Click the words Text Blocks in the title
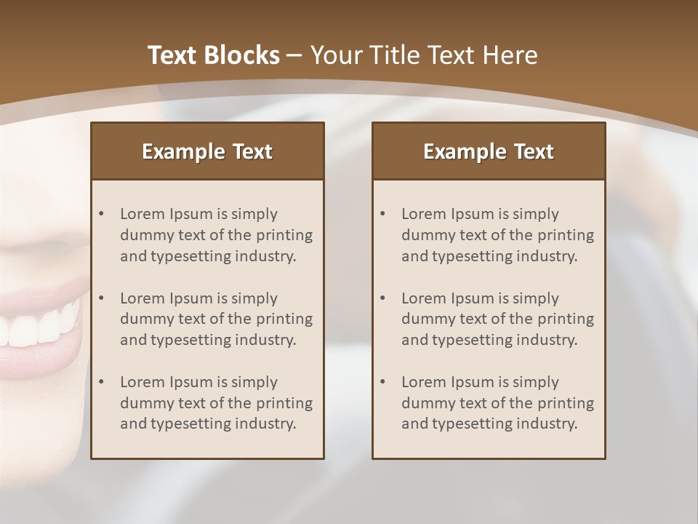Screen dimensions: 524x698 [x=213, y=55]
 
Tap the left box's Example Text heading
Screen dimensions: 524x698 [x=207, y=151]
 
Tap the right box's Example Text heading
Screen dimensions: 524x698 [x=489, y=151]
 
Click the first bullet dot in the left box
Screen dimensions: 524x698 [x=101, y=214]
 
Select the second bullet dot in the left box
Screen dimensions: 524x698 [x=101, y=298]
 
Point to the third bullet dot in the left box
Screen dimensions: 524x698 [x=101, y=382]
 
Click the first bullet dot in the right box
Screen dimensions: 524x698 [x=382, y=214]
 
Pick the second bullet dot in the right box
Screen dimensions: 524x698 [x=382, y=298]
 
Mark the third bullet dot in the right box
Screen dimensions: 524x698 [x=382, y=382]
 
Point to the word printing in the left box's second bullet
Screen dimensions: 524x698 [x=285, y=319]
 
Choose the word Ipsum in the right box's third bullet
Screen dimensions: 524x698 [x=473, y=382]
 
